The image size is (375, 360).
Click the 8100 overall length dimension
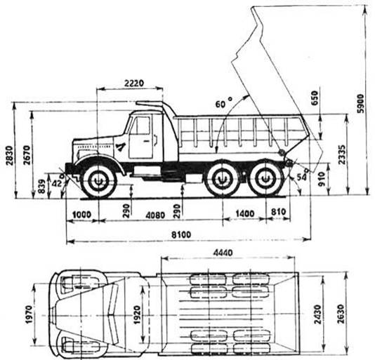[182, 234]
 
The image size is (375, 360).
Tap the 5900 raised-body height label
[360, 103]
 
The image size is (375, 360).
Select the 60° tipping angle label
[223, 103]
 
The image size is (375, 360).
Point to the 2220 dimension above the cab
[134, 83]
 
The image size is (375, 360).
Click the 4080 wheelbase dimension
[155, 215]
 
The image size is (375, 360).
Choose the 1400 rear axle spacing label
[245, 213]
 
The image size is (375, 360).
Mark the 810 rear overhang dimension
[279, 212]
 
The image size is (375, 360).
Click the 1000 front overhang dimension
[81, 214]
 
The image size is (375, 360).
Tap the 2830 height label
[9, 155]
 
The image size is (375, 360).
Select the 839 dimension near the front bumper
[42, 186]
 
